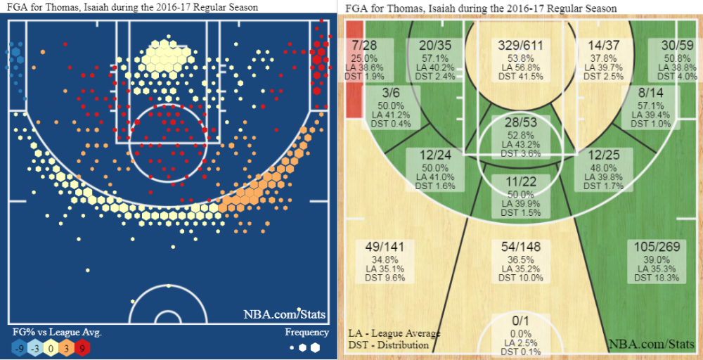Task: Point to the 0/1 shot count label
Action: pos(520,321)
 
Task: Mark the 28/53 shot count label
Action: pos(520,124)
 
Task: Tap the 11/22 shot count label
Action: pos(520,181)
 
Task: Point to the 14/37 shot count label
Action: pos(605,46)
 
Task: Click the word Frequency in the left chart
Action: pos(307,333)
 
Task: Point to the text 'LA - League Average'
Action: pos(394,333)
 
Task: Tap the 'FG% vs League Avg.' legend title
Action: pos(57,333)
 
